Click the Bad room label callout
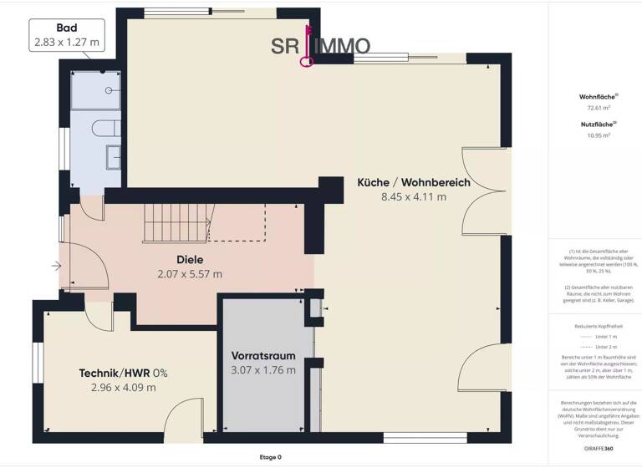click(x=69, y=33)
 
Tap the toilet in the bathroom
click(x=107, y=129)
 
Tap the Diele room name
click(x=190, y=259)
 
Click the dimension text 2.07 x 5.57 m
click(x=190, y=273)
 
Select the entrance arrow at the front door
click(x=55, y=267)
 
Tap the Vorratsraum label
click(x=263, y=355)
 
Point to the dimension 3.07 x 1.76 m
click(x=263, y=369)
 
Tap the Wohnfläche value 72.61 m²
click(x=594, y=108)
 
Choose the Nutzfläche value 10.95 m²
click(x=594, y=135)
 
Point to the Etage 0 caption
click(x=271, y=457)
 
